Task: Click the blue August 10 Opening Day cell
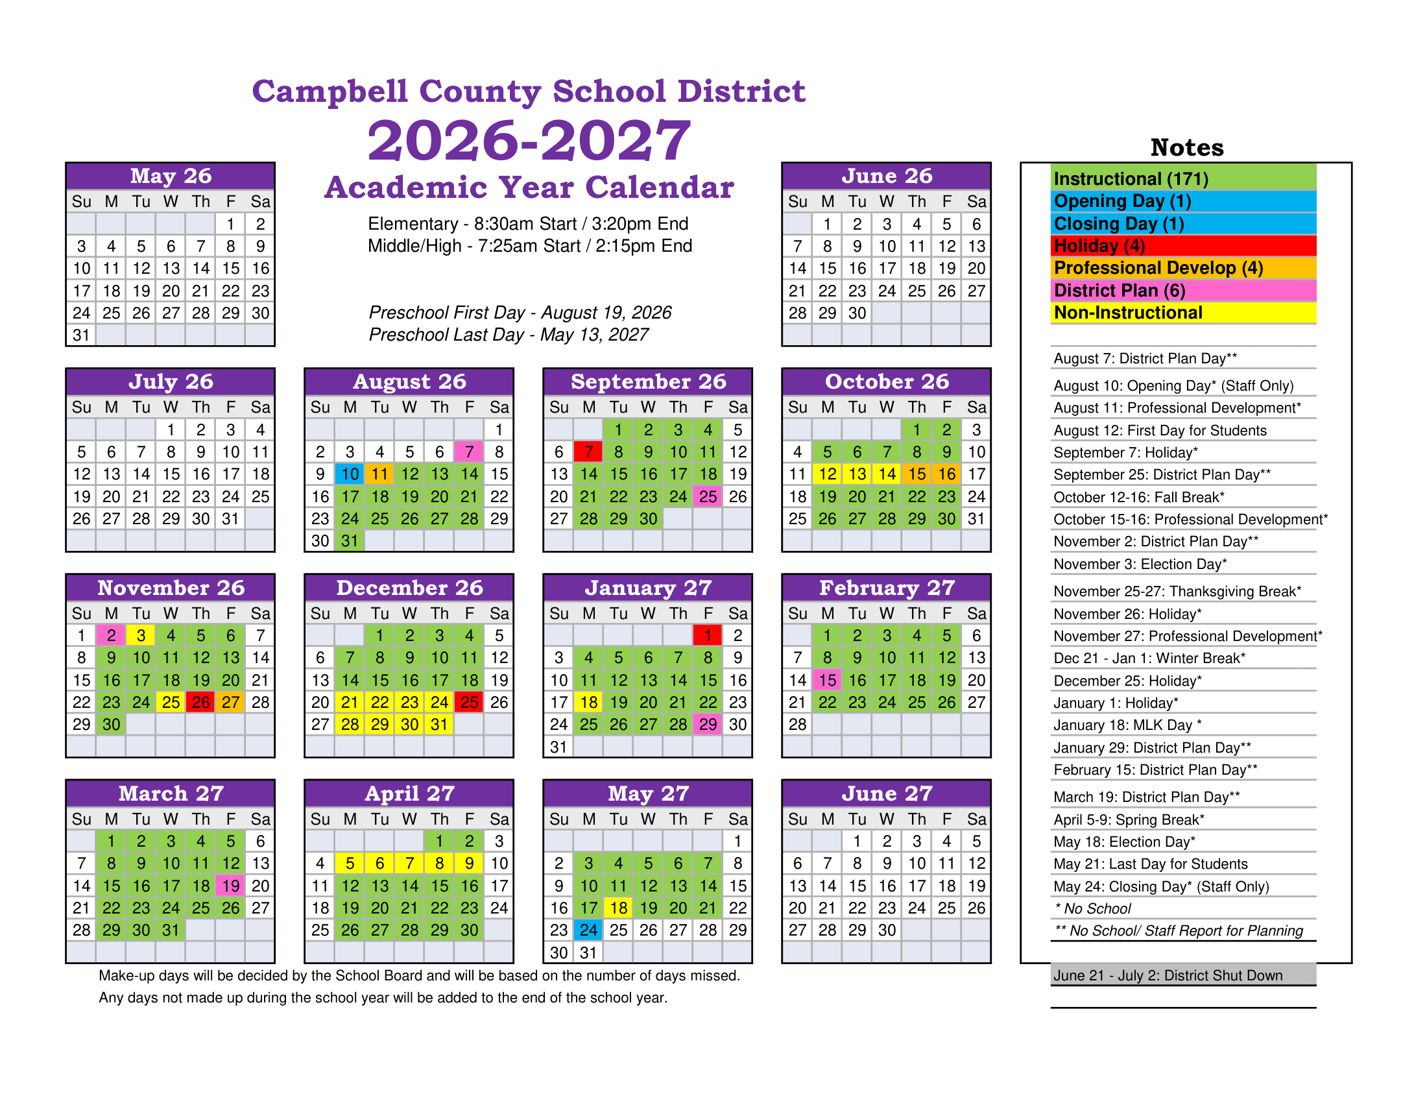pos(350,474)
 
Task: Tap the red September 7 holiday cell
pos(589,452)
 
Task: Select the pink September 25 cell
pos(708,496)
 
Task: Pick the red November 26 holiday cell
pos(200,703)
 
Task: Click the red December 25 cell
pos(469,703)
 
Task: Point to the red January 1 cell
pos(708,635)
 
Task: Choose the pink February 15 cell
pos(827,680)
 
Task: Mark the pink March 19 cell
pos(231,886)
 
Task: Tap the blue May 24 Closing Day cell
pos(589,930)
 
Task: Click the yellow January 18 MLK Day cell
pos(589,703)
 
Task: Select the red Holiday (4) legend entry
pos(1183,247)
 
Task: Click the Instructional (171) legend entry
pos(1183,178)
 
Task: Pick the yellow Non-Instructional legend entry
pos(1183,313)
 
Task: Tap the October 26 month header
pos(886,382)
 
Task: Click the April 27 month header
pos(409,794)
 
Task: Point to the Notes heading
pos(1186,148)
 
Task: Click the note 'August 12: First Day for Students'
pos(1160,431)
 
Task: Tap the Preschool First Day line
pos(520,313)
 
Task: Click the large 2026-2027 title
pos(529,141)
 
